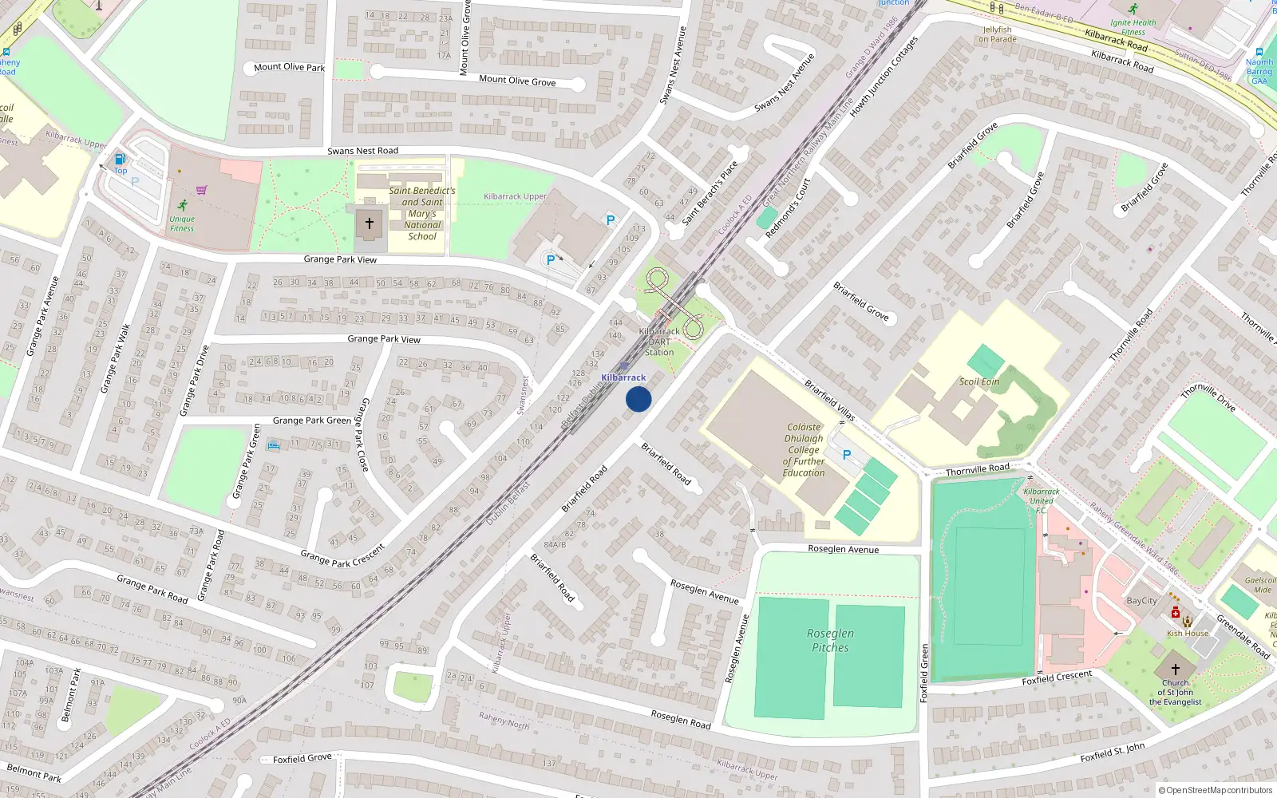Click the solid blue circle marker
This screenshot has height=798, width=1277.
click(638, 399)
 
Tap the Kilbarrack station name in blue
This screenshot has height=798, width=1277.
click(623, 377)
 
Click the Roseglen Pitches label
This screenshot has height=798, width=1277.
click(830, 640)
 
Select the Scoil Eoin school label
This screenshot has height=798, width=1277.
click(979, 381)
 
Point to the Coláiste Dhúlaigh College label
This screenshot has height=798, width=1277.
click(804, 450)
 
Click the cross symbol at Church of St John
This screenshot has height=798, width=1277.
click(1176, 669)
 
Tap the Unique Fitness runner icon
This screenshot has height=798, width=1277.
click(183, 205)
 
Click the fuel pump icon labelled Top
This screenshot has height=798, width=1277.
click(121, 159)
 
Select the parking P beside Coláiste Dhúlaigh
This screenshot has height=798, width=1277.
click(847, 455)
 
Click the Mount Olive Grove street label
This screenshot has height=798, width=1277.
click(517, 81)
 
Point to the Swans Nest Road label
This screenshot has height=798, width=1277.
click(362, 151)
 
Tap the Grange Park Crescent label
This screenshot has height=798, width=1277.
click(342, 555)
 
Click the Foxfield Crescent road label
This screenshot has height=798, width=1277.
click(1057, 678)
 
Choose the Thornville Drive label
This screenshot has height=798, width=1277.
click(1208, 397)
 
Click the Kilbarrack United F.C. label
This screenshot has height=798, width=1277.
click(1042, 500)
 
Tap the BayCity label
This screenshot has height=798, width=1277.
click(1141, 601)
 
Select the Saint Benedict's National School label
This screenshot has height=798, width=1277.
click(422, 213)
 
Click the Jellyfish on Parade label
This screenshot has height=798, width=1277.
click(998, 34)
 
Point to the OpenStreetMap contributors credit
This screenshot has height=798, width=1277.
click(1216, 790)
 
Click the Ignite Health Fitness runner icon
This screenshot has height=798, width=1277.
click(1133, 9)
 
